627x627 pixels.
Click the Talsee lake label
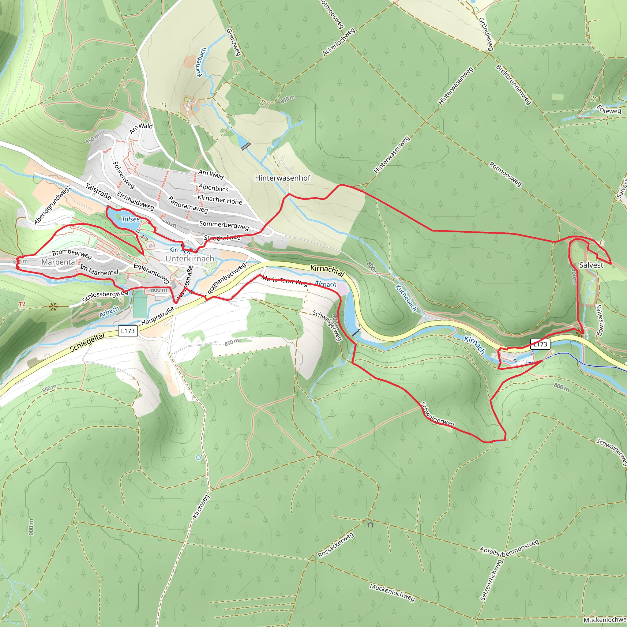coord(130,219)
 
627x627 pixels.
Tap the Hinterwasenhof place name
coord(282,178)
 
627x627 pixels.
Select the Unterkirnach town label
coord(190,259)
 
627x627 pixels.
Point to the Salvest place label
coord(591,265)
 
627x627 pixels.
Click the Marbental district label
coord(59,262)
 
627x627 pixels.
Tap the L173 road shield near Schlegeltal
coord(128,331)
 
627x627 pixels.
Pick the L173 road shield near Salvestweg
coord(540,344)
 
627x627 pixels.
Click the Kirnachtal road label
coord(327,270)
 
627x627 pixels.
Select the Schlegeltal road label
coord(87,342)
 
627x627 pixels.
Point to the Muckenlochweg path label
coord(392,593)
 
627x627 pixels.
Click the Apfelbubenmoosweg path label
coord(509,548)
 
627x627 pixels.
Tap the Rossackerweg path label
coord(336,545)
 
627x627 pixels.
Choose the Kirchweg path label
coord(201,507)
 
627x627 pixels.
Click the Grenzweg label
coord(233,42)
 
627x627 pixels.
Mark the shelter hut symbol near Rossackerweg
coord(370,524)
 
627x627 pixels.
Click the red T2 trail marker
coord(22,304)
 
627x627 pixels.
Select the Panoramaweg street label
coord(188,205)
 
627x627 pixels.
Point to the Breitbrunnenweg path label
coord(513,85)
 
